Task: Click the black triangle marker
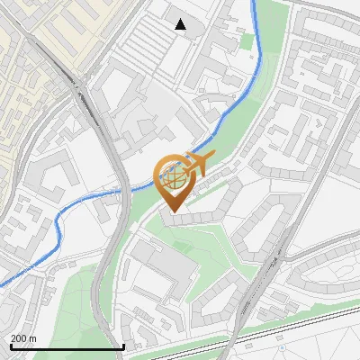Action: click(x=181, y=24)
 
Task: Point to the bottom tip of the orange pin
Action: click(x=172, y=212)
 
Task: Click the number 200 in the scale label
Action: click(x=20, y=338)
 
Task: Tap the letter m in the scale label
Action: click(x=33, y=338)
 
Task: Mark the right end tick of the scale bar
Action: click(x=123, y=346)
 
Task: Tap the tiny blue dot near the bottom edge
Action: click(x=279, y=343)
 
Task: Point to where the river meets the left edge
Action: click(x=1, y=284)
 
